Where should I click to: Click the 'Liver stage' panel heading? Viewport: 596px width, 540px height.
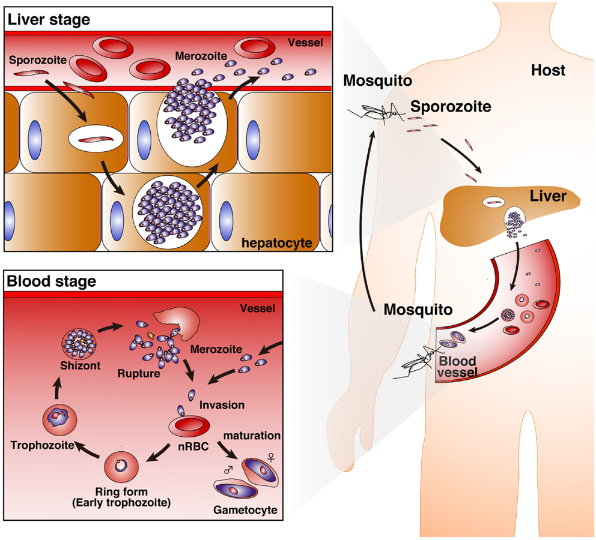[47, 19]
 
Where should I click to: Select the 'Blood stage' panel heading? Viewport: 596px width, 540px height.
[50, 280]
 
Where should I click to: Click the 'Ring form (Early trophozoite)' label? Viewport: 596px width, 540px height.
[121, 496]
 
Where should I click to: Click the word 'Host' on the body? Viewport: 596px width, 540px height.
[548, 70]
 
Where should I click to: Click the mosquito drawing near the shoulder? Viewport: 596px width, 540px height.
[379, 110]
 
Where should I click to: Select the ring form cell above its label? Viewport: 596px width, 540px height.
[121, 464]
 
